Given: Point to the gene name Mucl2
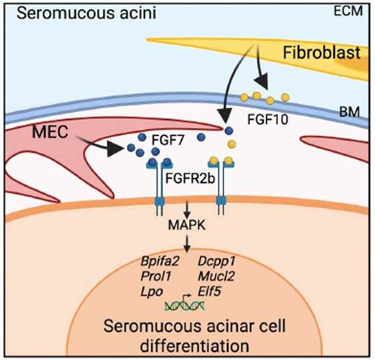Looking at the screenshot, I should (x=219, y=277).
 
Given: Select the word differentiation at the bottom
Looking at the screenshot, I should (x=187, y=346).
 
